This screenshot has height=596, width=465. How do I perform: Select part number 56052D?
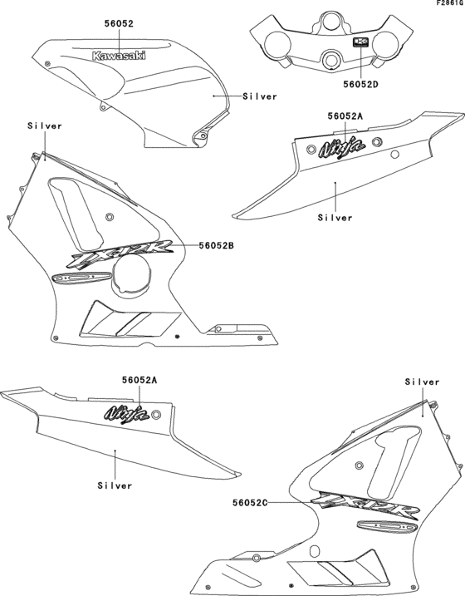point(361,83)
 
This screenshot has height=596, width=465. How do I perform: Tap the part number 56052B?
point(217,245)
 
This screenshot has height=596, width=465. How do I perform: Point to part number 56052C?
point(251,502)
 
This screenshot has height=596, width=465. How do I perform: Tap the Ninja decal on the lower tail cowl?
point(127,411)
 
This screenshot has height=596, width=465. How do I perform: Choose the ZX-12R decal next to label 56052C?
point(362,505)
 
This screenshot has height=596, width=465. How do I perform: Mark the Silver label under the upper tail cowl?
point(335,218)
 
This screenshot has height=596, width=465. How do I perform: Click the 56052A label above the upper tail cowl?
point(344,116)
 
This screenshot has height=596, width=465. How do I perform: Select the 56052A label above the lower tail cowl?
point(138,380)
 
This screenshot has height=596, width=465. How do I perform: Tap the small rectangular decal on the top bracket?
point(361,42)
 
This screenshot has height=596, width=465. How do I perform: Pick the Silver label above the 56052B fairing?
point(45,126)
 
